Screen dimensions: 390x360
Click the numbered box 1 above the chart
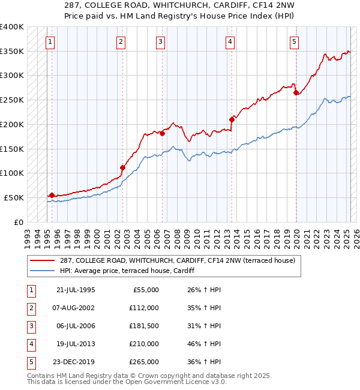tap(50, 42)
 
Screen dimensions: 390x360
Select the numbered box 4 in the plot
tap(230, 42)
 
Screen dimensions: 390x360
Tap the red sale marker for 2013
tap(232, 119)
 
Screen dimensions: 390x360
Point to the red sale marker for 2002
tap(122, 167)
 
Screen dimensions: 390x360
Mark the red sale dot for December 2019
tap(296, 92)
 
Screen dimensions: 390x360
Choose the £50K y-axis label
tap(14, 197)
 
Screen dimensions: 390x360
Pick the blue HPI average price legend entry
tap(131, 271)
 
